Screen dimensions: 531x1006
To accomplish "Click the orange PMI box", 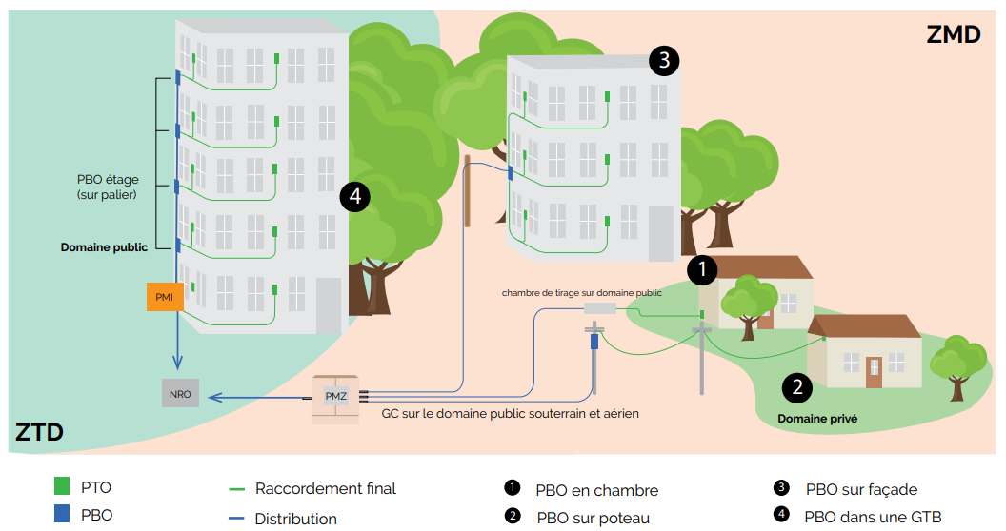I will click(163, 297).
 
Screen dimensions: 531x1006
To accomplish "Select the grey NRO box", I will click(180, 393).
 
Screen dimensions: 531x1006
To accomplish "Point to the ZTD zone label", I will click(39, 433).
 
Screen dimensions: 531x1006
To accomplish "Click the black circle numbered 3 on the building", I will click(664, 61).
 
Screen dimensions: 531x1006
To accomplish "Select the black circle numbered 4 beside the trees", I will click(354, 197).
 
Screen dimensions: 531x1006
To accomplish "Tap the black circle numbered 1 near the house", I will click(702, 270).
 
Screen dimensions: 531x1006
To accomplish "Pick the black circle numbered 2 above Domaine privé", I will click(796, 386).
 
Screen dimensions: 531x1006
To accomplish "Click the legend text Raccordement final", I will click(325, 488).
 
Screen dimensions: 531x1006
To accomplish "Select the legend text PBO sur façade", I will click(861, 490).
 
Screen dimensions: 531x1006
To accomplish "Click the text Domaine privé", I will click(816, 418).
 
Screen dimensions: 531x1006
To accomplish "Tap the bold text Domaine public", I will click(104, 247).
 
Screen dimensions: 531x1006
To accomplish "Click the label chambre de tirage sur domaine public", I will click(581, 293).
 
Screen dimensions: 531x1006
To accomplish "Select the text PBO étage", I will click(109, 178).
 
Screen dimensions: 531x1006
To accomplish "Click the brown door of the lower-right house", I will click(874, 372).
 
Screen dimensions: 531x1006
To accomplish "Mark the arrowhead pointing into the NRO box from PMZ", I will click(213, 397).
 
